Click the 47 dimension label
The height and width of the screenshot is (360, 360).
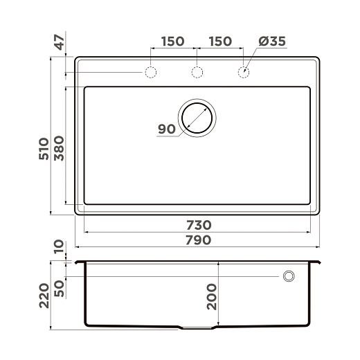(x=59, y=42)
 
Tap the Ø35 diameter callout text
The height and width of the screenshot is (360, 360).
(x=272, y=42)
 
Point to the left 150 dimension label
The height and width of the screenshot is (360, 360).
(x=172, y=42)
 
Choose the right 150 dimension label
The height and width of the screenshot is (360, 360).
(x=220, y=42)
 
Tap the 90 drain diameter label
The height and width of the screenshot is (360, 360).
(x=167, y=129)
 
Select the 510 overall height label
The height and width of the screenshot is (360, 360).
(x=44, y=149)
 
